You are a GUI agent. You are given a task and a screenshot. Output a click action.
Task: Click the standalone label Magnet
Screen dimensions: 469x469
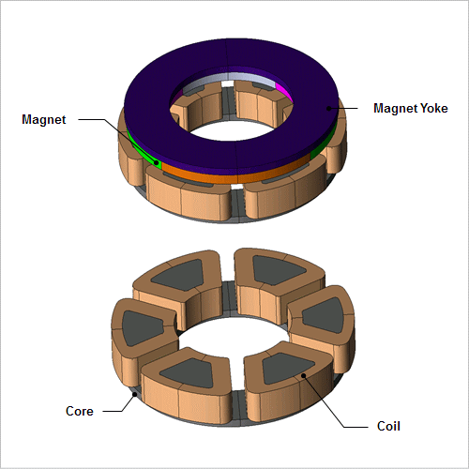44,120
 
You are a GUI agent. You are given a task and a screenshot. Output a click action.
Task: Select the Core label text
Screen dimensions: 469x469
80,411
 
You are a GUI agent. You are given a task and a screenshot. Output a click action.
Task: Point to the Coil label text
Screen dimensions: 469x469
388,426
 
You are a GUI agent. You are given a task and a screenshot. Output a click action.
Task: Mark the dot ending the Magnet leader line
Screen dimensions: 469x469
156,162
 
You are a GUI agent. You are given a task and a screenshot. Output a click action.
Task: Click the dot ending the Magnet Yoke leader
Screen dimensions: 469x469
328,109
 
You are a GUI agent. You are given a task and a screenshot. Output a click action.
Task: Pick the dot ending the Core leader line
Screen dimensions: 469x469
135,395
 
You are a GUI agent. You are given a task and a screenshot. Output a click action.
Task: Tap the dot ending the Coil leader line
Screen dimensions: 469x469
303,375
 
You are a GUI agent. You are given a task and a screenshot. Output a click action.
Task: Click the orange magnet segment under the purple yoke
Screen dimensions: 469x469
237,177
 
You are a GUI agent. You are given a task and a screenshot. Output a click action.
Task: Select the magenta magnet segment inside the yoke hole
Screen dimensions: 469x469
284,93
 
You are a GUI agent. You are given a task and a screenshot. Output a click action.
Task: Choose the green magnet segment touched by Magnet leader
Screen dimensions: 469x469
143,149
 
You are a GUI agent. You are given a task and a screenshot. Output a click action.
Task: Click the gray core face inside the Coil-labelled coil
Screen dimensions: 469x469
286,369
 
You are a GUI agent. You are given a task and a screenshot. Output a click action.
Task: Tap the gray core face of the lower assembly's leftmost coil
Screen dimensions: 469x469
141,327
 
